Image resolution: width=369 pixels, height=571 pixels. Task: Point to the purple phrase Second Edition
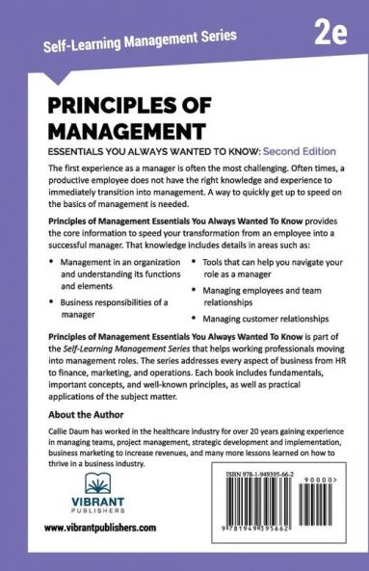tap(292, 151)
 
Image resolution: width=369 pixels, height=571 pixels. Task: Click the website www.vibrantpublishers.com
tap(100, 528)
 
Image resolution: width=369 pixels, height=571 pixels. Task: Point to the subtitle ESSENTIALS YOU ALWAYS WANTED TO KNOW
tap(146, 151)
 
